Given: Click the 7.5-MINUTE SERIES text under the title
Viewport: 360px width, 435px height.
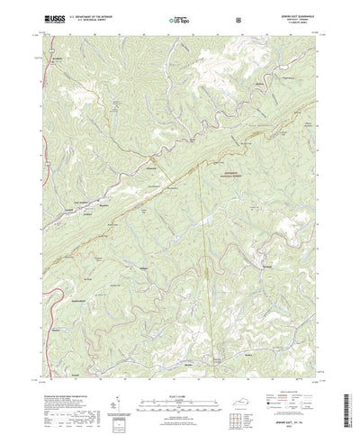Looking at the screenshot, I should pyautogui.click(x=293, y=22).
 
